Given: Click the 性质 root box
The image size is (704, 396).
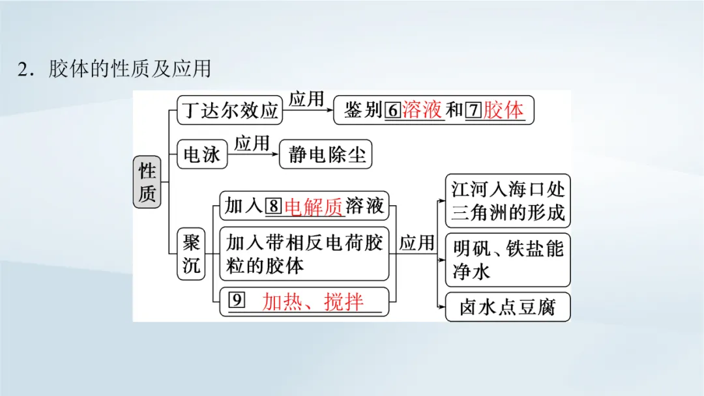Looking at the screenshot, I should click(x=147, y=182).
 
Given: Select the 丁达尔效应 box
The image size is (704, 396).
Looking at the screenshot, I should click(x=230, y=110).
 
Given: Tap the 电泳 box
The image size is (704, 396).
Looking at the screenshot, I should click(x=202, y=155).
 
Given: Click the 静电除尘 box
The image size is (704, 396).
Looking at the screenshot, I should click(x=327, y=155).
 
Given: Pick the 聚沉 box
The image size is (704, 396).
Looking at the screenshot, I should click(x=191, y=255).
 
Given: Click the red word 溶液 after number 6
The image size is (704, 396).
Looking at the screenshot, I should click(x=423, y=110).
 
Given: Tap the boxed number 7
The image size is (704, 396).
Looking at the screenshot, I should click(x=474, y=110).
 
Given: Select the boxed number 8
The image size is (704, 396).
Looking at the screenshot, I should click(x=274, y=207).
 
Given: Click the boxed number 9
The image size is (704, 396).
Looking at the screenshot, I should click(x=237, y=300).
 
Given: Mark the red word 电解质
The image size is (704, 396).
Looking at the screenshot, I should click(x=314, y=207).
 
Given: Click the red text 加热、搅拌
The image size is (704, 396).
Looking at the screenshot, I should click(x=313, y=302).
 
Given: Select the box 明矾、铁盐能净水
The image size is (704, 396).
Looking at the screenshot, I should click(x=508, y=259).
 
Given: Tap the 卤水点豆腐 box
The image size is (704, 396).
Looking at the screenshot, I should click(x=508, y=307).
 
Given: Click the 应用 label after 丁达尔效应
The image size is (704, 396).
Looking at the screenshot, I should click(x=306, y=99).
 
